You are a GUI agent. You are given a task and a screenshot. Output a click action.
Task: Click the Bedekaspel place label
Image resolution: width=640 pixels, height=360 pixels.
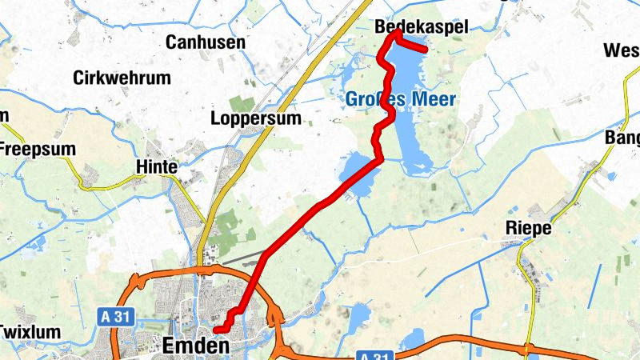point(421,27)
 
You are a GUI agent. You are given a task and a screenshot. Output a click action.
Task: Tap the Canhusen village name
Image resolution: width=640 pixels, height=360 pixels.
point(205,42)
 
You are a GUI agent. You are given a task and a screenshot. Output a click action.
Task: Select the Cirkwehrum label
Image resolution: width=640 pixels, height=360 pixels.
point(122,78)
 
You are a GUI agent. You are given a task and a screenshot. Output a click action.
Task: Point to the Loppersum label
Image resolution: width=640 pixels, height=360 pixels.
point(256,119)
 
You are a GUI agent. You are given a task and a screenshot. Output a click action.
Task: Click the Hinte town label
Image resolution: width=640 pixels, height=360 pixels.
point(157,167)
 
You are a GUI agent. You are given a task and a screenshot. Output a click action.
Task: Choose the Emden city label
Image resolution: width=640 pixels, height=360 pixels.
point(195,346)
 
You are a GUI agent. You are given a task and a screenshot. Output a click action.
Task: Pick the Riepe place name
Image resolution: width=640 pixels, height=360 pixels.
point(529,228)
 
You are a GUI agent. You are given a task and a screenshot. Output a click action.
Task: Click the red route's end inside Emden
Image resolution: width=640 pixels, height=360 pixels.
point(216,329)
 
